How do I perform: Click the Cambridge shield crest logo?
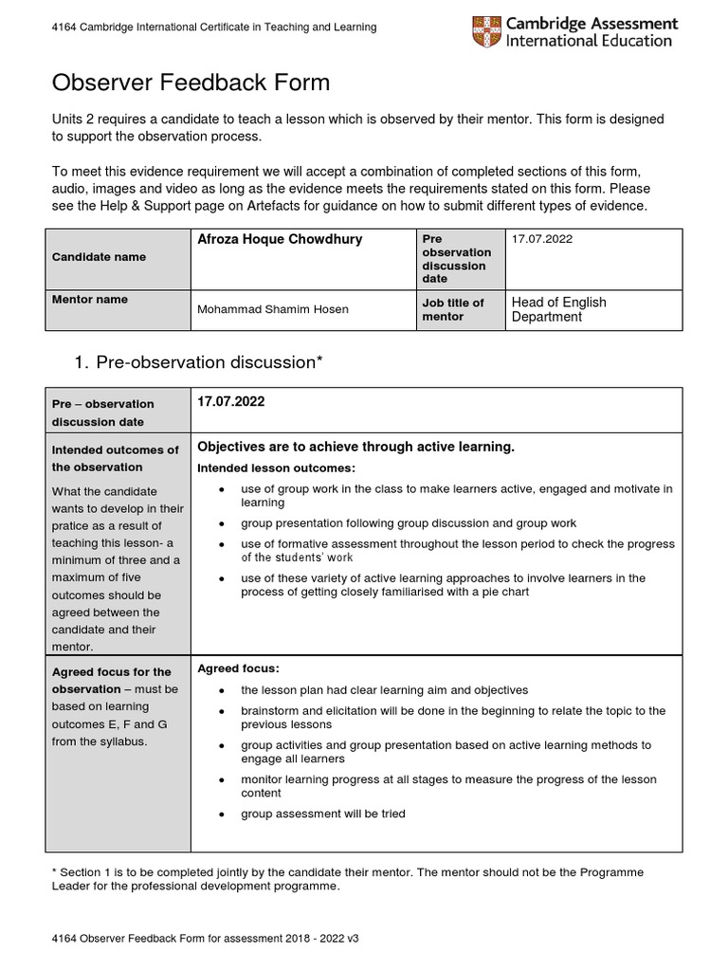point(487,31)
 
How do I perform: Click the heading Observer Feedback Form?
point(191,82)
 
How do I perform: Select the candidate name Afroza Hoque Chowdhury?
point(279,240)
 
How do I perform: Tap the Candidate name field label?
point(99,257)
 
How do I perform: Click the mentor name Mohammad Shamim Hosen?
point(272,309)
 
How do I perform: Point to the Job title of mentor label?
point(453,309)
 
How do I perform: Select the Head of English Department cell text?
point(558,309)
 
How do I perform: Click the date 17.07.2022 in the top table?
point(542,239)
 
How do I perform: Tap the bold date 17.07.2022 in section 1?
point(230,402)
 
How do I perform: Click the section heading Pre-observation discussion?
point(205,362)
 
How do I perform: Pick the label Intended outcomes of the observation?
point(115,458)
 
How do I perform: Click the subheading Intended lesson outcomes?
point(276,468)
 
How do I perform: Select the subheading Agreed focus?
point(238,669)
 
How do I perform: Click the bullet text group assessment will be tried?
point(322,814)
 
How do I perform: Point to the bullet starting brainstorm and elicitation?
point(453,718)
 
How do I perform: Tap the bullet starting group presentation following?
point(408,523)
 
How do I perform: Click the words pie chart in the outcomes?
point(501,592)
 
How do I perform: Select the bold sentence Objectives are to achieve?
point(355,447)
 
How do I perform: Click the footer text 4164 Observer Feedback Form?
point(205,938)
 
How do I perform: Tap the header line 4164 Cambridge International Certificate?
point(213,27)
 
